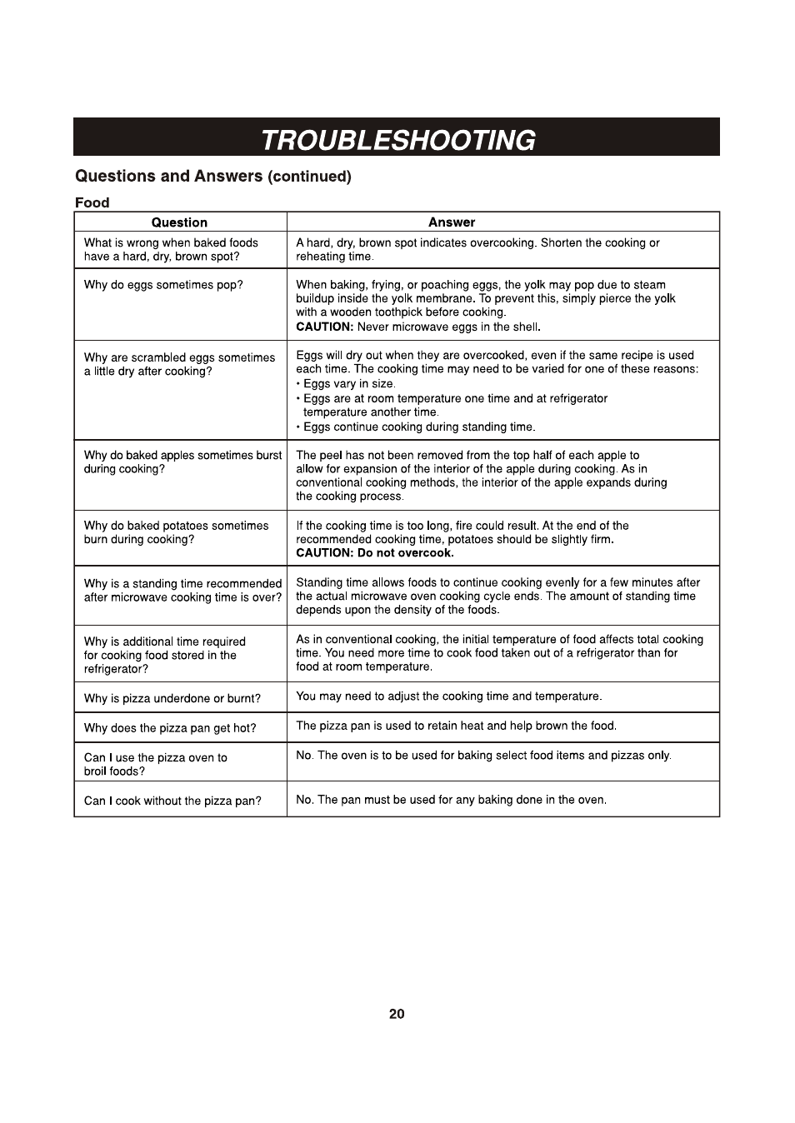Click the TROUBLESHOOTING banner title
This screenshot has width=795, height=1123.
pos(397,139)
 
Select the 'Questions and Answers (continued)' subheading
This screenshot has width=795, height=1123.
pos(213,177)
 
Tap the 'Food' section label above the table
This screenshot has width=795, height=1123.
pos(92,202)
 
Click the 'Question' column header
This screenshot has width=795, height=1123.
pos(179,222)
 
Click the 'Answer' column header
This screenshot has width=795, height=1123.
pos(451,222)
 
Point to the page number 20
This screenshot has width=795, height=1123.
pos(397,1014)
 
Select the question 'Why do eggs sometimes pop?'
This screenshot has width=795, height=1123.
pos(163,285)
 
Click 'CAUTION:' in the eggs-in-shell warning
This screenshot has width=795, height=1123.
pos(324,327)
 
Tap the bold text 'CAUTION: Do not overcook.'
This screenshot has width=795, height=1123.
pos(375,553)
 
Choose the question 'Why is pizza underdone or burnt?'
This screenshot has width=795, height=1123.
pos(172,698)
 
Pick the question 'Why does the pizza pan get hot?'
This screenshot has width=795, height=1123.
pos(170,728)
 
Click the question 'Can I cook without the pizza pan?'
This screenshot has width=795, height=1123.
pos(172,801)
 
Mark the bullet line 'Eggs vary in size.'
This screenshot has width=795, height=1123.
pos(348,384)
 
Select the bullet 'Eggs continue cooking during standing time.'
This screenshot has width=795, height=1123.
pos(418,427)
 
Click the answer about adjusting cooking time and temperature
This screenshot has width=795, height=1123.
pos(448,696)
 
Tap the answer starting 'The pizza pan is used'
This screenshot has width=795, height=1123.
pos(456,726)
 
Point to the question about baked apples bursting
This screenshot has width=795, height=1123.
pos(182,462)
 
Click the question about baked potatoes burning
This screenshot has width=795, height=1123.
pos(176,532)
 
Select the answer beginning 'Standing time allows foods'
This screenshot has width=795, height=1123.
pos(497,596)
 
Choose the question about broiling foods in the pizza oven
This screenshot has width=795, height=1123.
pos(155,764)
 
